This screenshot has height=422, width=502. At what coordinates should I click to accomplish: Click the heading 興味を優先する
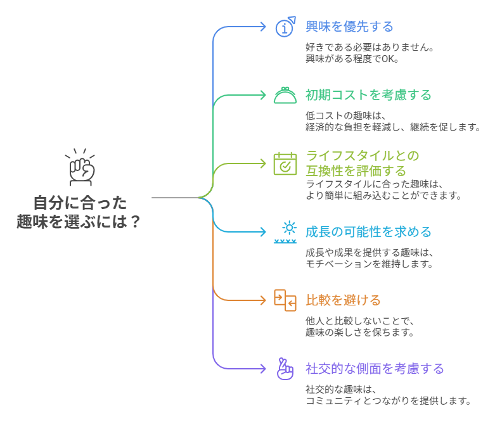pyautogui.click(x=349, y=27)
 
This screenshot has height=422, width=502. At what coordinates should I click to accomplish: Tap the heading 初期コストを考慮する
pyautogui.click(x=368, y=95)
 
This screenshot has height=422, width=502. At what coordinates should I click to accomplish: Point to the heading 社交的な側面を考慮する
pyautogui.click(x=375, y=368)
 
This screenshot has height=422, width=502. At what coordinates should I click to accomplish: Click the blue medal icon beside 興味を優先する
pyautogui.click(x=285, y=27)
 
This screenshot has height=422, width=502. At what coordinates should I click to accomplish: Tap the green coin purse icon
pyautogui.click(x=285, y=95)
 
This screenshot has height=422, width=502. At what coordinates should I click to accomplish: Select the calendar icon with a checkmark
pyautogui.click(x=285, y=163)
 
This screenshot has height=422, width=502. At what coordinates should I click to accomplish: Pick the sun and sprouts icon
pyautogui.click(x=285, y=232)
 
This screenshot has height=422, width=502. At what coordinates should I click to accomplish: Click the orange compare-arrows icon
pyautogui.click(x=285, y=300)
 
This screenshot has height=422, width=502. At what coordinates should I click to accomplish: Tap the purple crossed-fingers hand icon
pyautogui.click(x=285, y=368)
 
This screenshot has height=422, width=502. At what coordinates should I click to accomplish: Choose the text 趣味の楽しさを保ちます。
pyautogui.click(x=359, y=332)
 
